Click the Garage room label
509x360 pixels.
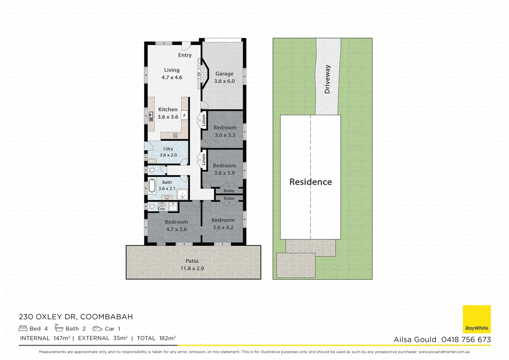coord(224,74)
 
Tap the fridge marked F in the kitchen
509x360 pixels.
coord(184,116)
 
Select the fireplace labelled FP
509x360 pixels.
coord(199,74)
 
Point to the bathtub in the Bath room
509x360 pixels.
coord(152,186)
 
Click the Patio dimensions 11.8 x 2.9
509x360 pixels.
coord(192,268)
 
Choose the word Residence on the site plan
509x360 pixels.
coord(310,182)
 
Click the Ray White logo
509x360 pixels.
coord(477,319)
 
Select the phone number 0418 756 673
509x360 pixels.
coord(466,339)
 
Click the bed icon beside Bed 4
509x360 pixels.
coord(23,328)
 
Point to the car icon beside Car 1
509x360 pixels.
coord(97,329)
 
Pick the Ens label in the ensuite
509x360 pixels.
coord(161,209)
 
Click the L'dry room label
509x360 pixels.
coord(168,149)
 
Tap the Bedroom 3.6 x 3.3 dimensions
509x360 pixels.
coord(225,135)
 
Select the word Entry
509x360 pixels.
coord(185,55)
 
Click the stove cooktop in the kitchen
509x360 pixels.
coord(175,135)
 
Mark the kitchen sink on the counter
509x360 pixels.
coord(151,116)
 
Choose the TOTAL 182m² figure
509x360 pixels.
coord(156,338)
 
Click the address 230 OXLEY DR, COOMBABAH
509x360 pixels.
coord(76,317)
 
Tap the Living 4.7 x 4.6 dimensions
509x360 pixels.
coord(172,77)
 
